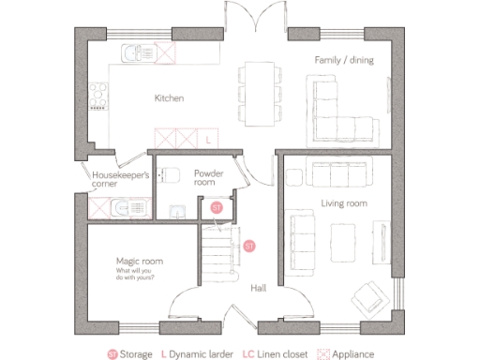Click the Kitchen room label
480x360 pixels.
169,98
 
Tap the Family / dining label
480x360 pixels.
338,61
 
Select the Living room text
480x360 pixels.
343,202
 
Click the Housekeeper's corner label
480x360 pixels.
112,179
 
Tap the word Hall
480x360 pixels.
259,289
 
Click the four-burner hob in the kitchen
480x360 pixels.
96,96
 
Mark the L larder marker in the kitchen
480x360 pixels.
208,140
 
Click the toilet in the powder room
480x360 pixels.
169,175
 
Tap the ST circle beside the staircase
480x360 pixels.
249,246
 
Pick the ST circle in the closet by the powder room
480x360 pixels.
216,206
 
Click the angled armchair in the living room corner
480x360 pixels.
368,297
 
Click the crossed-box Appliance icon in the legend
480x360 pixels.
326,353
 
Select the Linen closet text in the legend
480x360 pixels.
282,353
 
